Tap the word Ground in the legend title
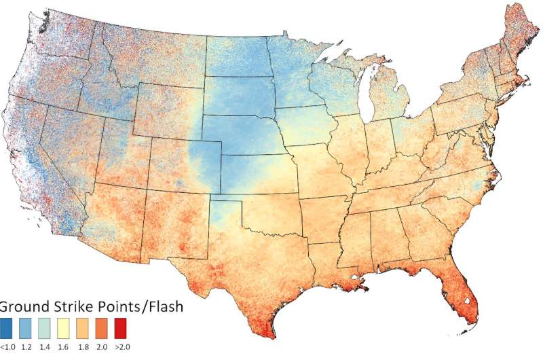tap(23, 306)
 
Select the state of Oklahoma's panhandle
tap(227, 198)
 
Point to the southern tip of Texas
tap(271, 331)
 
